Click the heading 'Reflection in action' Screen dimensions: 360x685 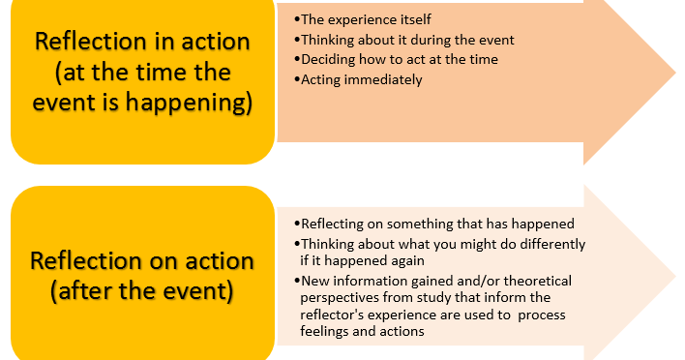tap(142, 42)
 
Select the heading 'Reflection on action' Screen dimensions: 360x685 tap(142, 260)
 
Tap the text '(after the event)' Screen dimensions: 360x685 tap(142, 289)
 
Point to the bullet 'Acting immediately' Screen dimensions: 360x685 tap(362, 80)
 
